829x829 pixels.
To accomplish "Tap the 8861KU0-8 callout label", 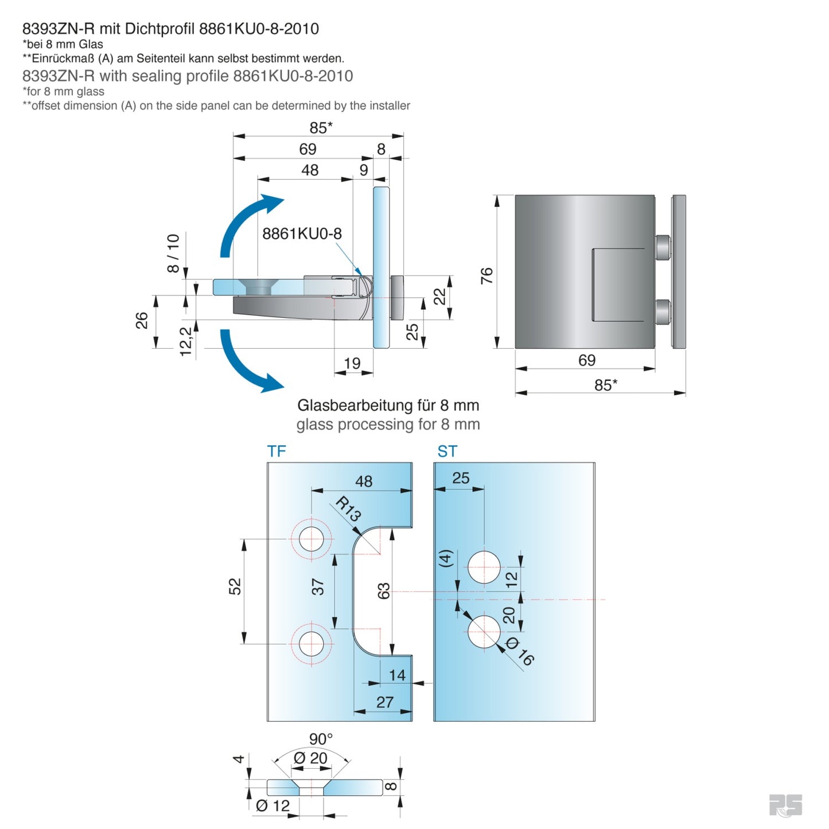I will pyautogui.click(x=302, y=234).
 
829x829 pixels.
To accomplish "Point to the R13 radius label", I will pyautogui.click(x=348, y=508).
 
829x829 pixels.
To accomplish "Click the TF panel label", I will pyautogui.click(x=276, y=452).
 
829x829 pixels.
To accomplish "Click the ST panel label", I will pyautogui.click(x=447, y=452).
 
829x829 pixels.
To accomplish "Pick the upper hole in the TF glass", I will pyautogui.click(x=312, y=539).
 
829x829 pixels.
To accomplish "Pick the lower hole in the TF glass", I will pyautogui.click(x=312, y=644).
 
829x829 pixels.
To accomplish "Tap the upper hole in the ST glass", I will pyautogui.click(x=484, y=567).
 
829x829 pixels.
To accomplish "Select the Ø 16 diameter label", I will pyautogui.click(x=520, y=652).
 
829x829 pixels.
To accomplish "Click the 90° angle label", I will pyautogui.click(x=321, y=739).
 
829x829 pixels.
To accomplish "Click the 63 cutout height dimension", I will pyautogui.click(x=383, y=591).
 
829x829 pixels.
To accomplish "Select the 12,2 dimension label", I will pyautogui.click(x=186, y=342).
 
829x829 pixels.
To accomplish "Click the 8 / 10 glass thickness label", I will pyautogui.click(x=173, y=253).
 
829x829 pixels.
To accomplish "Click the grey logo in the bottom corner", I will pyautogui.click(x=785, y=805).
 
